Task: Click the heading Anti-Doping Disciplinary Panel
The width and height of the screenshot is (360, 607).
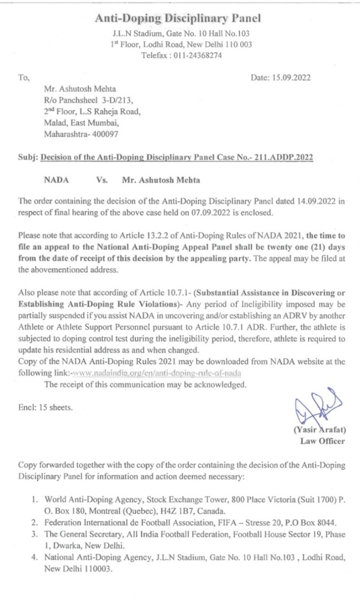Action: click(x=178, y=18)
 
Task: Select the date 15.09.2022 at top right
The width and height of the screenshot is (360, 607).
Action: click(x=292, y=78)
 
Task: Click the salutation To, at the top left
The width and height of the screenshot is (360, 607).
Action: click(x=23, y=78)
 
